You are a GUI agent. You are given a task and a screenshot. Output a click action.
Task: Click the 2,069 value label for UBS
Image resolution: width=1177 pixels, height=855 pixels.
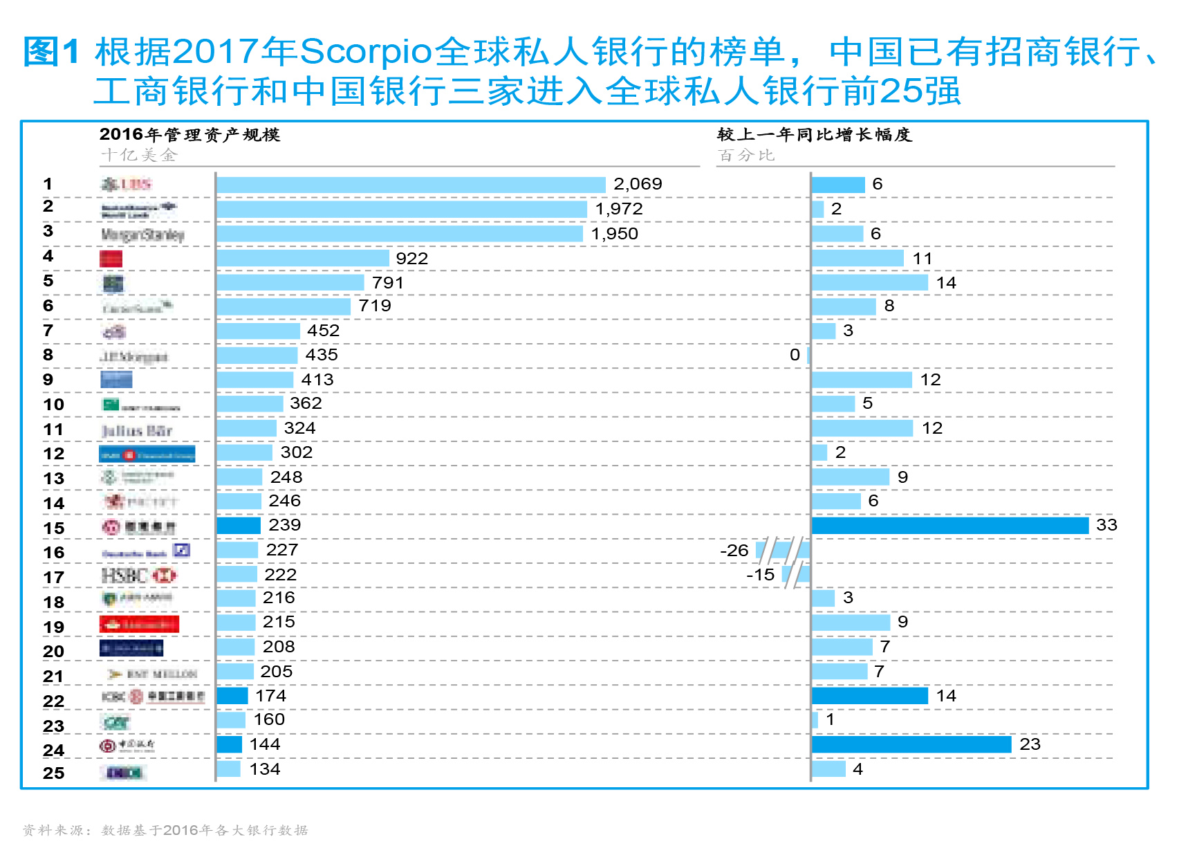638,184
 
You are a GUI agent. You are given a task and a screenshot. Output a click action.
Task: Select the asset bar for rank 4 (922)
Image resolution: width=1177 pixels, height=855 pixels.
303,258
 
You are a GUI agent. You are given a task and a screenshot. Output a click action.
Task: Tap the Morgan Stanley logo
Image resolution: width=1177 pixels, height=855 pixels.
142,235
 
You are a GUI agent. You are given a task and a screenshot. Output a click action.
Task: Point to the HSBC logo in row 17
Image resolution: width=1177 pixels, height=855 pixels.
138,576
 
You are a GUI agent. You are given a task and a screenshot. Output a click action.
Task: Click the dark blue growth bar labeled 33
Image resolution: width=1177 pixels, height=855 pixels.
949,526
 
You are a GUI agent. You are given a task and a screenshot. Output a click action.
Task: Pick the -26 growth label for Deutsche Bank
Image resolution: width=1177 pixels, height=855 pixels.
734,551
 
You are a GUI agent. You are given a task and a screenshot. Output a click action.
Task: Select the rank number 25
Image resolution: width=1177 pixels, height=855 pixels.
53,773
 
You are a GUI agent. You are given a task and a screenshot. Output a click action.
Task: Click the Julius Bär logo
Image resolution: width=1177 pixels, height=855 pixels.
136,431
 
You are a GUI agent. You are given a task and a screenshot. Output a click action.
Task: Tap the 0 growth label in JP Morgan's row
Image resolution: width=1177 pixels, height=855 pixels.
795,355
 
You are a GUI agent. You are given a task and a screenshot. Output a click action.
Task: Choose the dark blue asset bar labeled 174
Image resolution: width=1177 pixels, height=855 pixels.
232,696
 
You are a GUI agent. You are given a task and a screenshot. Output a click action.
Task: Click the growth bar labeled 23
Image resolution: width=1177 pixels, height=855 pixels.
911,744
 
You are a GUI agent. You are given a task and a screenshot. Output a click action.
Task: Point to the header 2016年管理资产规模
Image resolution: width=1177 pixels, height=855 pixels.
189,134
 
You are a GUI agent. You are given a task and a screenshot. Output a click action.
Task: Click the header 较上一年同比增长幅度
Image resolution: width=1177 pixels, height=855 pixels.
815,134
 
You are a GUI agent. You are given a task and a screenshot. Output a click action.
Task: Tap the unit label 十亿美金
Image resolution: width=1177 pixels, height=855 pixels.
139,155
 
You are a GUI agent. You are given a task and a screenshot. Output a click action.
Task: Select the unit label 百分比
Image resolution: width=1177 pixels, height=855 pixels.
745,155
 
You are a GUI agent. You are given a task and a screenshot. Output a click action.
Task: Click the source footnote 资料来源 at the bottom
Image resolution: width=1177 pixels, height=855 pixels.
165,830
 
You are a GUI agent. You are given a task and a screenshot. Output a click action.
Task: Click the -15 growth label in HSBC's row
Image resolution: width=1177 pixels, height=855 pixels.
760,575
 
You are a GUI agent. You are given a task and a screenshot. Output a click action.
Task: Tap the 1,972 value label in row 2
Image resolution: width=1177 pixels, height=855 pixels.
619,209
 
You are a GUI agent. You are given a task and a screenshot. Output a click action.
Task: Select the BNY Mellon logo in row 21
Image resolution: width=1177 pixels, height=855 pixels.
153,674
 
